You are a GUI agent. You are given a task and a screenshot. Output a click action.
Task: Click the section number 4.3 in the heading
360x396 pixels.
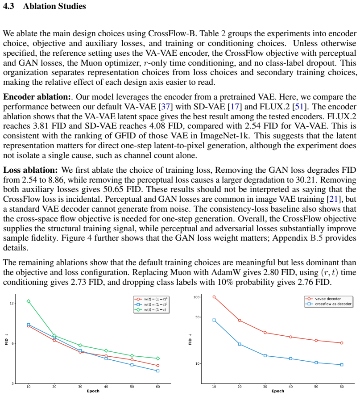pos(8,6)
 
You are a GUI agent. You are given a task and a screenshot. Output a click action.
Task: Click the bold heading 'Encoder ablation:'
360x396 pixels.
pos(37,97)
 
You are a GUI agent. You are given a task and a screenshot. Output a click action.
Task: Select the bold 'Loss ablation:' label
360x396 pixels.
pos(30,170)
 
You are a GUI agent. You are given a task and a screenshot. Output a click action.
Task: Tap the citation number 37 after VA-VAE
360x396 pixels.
pos(165,107)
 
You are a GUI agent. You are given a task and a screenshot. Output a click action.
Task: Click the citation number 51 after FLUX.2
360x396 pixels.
pos(299,107)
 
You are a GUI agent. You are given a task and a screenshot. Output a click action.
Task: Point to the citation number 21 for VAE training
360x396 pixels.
pos(334,199)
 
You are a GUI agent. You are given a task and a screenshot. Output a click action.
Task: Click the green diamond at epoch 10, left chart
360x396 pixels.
pos(29,301)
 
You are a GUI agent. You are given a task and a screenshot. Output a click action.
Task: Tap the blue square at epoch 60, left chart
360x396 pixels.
pos(158,371)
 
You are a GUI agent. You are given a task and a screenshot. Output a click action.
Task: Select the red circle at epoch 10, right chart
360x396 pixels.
pos(214,297)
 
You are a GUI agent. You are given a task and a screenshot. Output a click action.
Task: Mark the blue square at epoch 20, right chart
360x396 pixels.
pos(240,344)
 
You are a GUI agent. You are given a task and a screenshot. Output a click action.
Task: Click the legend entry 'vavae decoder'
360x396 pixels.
pos(324,299)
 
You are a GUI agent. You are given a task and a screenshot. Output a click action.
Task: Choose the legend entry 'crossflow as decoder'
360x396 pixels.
pos(329,304)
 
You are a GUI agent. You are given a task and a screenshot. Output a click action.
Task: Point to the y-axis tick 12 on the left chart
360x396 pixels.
pos(12,303)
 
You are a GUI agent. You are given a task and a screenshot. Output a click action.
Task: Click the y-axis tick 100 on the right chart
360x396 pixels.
pos(196,297)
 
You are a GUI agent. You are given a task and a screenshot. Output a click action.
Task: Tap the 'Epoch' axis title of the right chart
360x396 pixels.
pos(278,391)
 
